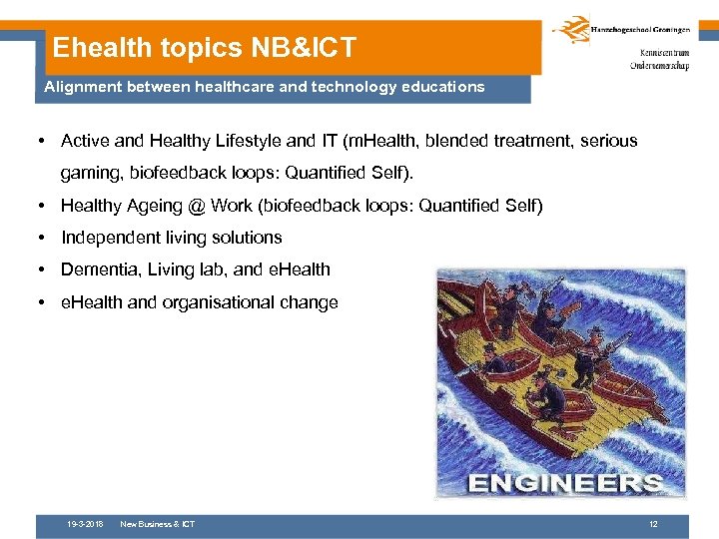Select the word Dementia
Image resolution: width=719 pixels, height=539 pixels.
click(x=97, y=269)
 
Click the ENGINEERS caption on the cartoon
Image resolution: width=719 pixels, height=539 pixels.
click(x=564, y=484)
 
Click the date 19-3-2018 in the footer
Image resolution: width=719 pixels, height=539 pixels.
click(x=85, y=524)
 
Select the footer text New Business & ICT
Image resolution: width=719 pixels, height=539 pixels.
click(x=157, y=524)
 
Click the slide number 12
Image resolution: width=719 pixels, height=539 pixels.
click(x=653, y=524)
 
